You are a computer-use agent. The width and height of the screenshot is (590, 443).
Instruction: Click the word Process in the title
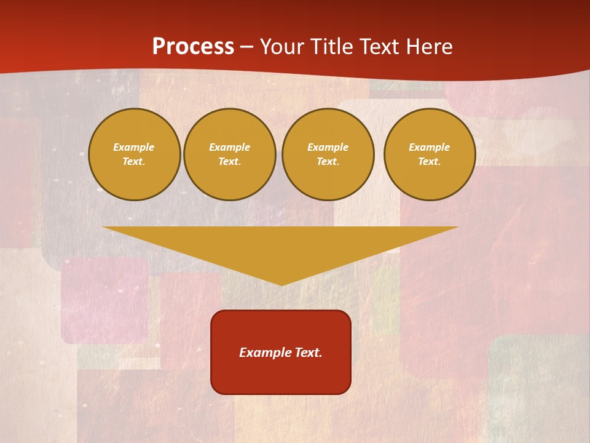193,47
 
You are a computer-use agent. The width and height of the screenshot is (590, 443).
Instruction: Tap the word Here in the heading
428,47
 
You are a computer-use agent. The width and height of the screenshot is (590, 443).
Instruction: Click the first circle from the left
135,154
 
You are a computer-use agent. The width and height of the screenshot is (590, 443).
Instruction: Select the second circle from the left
230,154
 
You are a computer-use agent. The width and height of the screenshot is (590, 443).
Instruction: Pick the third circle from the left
328,154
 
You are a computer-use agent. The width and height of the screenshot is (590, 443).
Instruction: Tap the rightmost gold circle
430,154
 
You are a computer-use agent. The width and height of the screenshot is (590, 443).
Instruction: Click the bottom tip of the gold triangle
281,284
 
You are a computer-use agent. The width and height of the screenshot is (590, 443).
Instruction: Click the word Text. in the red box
309,353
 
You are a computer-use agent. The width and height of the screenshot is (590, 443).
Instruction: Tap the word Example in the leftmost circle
134,148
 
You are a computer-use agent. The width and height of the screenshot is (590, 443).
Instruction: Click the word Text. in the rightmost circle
430,162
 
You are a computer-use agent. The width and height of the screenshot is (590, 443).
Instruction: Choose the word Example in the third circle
328,148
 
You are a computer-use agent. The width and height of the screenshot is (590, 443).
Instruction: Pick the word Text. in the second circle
230,162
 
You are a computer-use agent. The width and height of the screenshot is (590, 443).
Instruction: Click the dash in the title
246,47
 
